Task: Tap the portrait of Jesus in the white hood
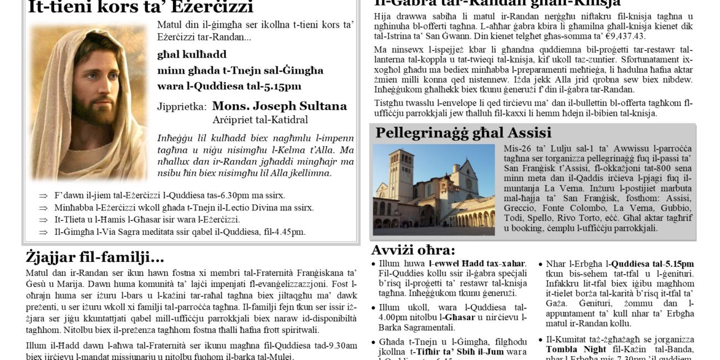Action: pos(89,102)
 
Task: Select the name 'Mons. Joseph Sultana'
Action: pos(279,106)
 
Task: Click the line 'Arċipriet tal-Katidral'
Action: pos(260,119)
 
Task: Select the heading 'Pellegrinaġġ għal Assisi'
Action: pos(463,133)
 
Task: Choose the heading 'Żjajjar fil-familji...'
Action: pos(95,257)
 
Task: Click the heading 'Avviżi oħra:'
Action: pos(413,250)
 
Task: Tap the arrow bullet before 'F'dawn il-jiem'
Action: pos(43,196)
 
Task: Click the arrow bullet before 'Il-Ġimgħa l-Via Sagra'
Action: pos(43,232)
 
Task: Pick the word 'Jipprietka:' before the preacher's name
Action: pos(182,106)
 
